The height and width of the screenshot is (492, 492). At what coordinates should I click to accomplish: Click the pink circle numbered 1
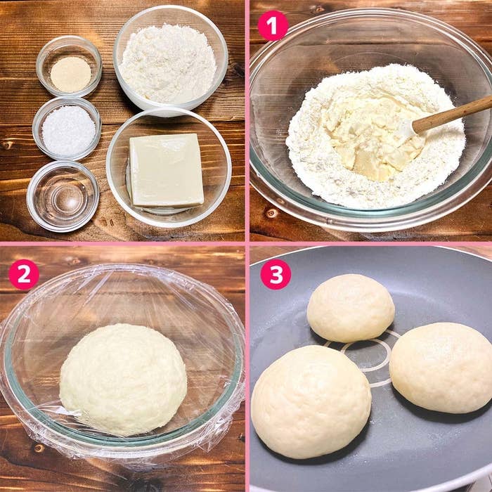pos(273,26)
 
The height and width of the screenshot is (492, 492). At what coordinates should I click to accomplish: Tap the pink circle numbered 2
pos(24,275)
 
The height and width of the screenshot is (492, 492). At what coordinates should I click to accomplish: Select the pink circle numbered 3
pos(276,274)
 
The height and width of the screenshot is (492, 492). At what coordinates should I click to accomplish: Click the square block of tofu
pos(167,170)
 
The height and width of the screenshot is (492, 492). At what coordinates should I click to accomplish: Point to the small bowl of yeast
pos(69,66)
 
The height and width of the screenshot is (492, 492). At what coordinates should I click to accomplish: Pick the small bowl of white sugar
pos(67,129)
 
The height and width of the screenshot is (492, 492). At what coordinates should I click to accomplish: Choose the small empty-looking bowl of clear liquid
pos(63,196)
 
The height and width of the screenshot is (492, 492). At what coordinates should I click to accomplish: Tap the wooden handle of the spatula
pos(452,114)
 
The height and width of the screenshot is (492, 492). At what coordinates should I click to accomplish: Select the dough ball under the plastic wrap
pos(123,380)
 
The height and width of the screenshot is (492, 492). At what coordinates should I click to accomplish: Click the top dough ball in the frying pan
pos(351,308)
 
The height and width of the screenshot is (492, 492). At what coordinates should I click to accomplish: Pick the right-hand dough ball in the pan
pos(441,368)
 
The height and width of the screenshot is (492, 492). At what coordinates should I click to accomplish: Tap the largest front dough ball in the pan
pos(311,401)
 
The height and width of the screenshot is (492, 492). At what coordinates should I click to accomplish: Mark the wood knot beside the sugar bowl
pos(7,145)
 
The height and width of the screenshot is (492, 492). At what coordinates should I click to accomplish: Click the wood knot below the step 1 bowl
pos(272,214)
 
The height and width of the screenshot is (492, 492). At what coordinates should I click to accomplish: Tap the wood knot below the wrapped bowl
pos(39,448)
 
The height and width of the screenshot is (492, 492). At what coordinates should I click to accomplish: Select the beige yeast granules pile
pos(70,75)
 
